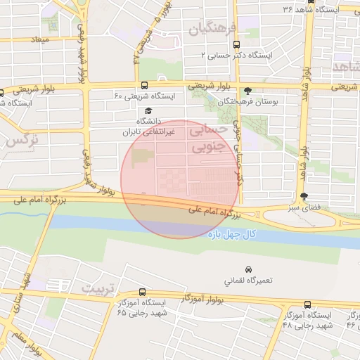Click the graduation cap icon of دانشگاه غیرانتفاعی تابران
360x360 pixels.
tap(148, 110)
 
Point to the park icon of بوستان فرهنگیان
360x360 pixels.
tap(247, 90)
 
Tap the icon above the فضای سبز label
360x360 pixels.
tap(304, 197)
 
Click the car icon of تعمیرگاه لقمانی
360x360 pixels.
tap(248, 269)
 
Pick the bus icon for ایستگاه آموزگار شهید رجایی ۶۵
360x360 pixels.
tap(143, 292)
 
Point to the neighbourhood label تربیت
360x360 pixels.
tap(96, 288)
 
